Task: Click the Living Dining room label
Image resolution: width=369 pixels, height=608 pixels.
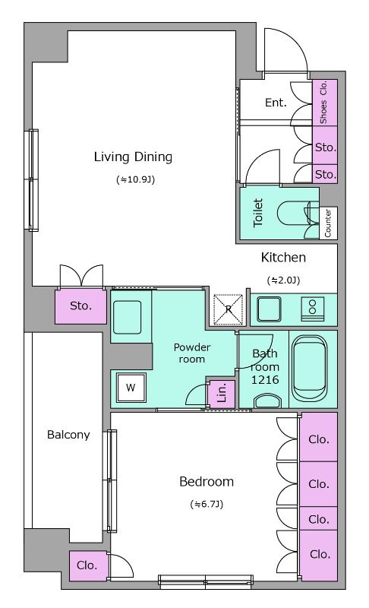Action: [x=133, y=157]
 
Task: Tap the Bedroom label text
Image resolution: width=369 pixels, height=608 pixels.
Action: [x=207, y=482]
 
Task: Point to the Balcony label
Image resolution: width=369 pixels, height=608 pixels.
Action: [x=68, y=435]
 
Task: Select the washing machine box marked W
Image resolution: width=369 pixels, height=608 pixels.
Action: [x=131, y=388]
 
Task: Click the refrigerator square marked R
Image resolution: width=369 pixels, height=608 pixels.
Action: [x=229, y=309]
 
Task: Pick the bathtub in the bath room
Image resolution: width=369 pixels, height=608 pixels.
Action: [x=309, y=368]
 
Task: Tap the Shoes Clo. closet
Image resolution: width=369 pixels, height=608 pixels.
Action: [x=324, y=103]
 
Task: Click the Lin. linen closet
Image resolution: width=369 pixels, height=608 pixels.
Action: [x=222, y=394]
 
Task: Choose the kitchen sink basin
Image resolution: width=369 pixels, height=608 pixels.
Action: [x=269, y=309]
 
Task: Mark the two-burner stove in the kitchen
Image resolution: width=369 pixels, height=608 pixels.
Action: [x=313, y=309]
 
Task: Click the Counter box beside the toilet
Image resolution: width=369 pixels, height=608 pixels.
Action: [x=328, y=223]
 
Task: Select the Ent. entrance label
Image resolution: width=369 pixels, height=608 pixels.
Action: [x=276, y=103]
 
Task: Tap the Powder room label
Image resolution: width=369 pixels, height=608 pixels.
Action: [x=192, y=353]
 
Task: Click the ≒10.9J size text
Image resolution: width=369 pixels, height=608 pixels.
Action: [x=135, y=179]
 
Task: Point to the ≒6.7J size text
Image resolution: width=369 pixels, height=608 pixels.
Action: [x=207, y=504]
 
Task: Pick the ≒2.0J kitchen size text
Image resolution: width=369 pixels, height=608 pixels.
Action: [x=283, y=280]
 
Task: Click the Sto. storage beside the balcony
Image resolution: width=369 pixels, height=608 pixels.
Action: [x=80, y=306]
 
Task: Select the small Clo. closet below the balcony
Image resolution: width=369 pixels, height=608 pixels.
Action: [x=87, y=565]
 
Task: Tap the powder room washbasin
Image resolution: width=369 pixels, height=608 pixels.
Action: [x=127, y=317]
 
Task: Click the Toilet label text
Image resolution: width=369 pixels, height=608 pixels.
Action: [x=258, y=213]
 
